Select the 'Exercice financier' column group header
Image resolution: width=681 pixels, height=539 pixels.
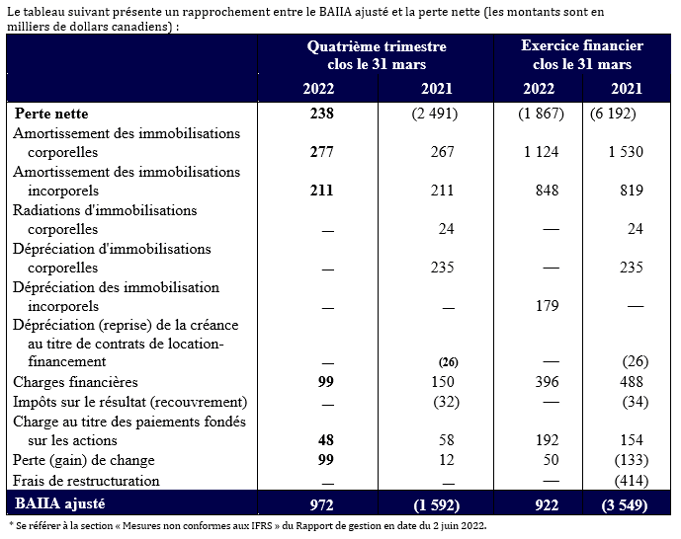(583, 55)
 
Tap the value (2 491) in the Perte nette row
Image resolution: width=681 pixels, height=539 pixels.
(434, 113)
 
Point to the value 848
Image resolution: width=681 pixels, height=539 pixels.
(547, 191)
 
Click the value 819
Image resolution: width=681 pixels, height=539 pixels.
(630, 191)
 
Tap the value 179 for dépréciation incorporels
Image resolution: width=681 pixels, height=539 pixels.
(547, 305)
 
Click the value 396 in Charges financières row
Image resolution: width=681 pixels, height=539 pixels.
(547, 382)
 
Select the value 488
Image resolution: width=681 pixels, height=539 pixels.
(630, 382)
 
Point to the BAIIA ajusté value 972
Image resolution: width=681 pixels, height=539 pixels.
(319, 502)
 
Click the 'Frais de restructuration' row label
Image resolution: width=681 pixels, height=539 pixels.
(87, 480)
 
